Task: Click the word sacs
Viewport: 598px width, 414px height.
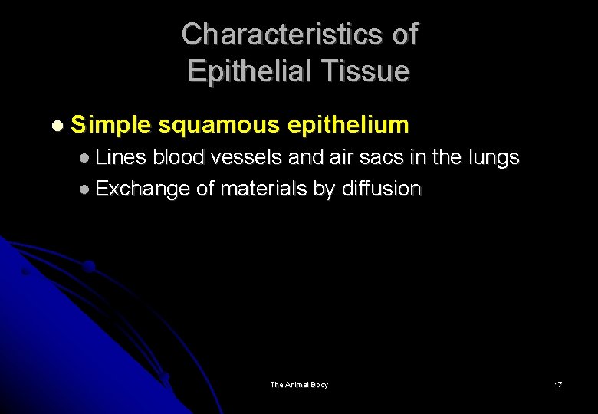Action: pos(385,158)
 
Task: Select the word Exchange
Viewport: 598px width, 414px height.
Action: pos(143,189)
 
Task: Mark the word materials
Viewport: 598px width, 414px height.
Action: pos(264,189)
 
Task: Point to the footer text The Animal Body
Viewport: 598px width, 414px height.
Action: pos(299,384)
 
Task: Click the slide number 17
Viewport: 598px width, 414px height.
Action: pos(558,384)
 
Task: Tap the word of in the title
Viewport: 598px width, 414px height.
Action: pos(402,34)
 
